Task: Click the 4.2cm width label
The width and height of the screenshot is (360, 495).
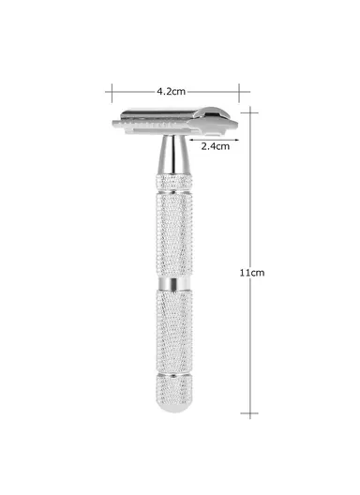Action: pyautogui.click(x=171, y=91)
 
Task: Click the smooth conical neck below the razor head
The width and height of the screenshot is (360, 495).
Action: pyautogui.click(x=173, y=154)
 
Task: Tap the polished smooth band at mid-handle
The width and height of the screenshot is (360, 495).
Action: pyautogui.click(x=174, y=283)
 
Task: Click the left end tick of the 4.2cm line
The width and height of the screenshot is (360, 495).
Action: pyautogui.click(x=112, y=91)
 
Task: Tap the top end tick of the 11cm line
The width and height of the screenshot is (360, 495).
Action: pyautogui.click(x=250, y=109)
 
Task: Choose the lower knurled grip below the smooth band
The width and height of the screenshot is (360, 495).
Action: pyautogui.click(x=174, y=333)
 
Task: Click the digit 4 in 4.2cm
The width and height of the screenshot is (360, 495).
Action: pyautogui.click(x=160, y=91)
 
